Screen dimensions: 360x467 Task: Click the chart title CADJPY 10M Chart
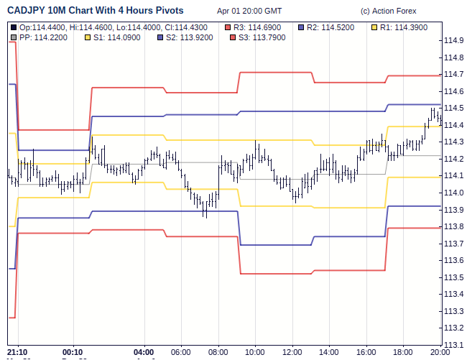coord(95,11)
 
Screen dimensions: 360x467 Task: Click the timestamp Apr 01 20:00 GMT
coord(249,11)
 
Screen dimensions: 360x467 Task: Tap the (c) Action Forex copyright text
coord(388,11)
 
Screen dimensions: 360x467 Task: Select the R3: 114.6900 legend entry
coord(256,27)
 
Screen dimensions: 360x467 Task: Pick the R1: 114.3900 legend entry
coord(403,27)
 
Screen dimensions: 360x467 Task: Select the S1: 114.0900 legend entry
coord(117,37)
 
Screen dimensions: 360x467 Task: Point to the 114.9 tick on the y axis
coord(453,40)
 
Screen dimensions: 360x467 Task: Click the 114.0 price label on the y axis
coord(453,193)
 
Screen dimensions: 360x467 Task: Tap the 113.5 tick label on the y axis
coord(453,277)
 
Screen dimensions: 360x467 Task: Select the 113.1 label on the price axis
coord(453,345)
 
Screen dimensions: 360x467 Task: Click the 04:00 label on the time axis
coord(144,352)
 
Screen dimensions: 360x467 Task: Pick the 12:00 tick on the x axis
coord(292,352)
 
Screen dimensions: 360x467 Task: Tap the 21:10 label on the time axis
coord(17,352)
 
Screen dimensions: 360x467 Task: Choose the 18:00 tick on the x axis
coord(403,352)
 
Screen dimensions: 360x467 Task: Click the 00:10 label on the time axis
coord(73,352)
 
